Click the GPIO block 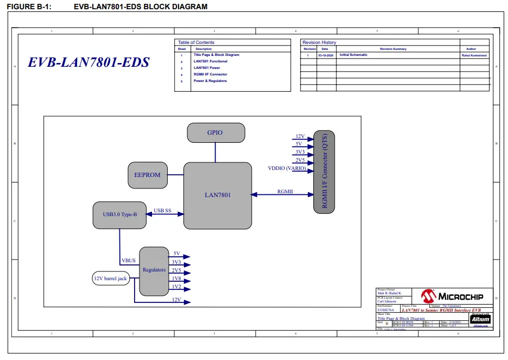215,132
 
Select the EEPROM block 147,175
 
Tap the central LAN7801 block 217,194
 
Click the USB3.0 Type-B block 120,214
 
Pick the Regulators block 154,270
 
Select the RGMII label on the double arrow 285,192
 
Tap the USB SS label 162,210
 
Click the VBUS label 129,261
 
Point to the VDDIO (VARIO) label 287,168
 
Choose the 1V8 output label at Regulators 177,279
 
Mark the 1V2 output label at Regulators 177,287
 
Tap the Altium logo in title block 480,319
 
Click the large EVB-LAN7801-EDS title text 88,62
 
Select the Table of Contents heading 196,42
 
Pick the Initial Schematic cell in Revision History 353,55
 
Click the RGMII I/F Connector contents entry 210,74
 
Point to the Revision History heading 319,42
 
